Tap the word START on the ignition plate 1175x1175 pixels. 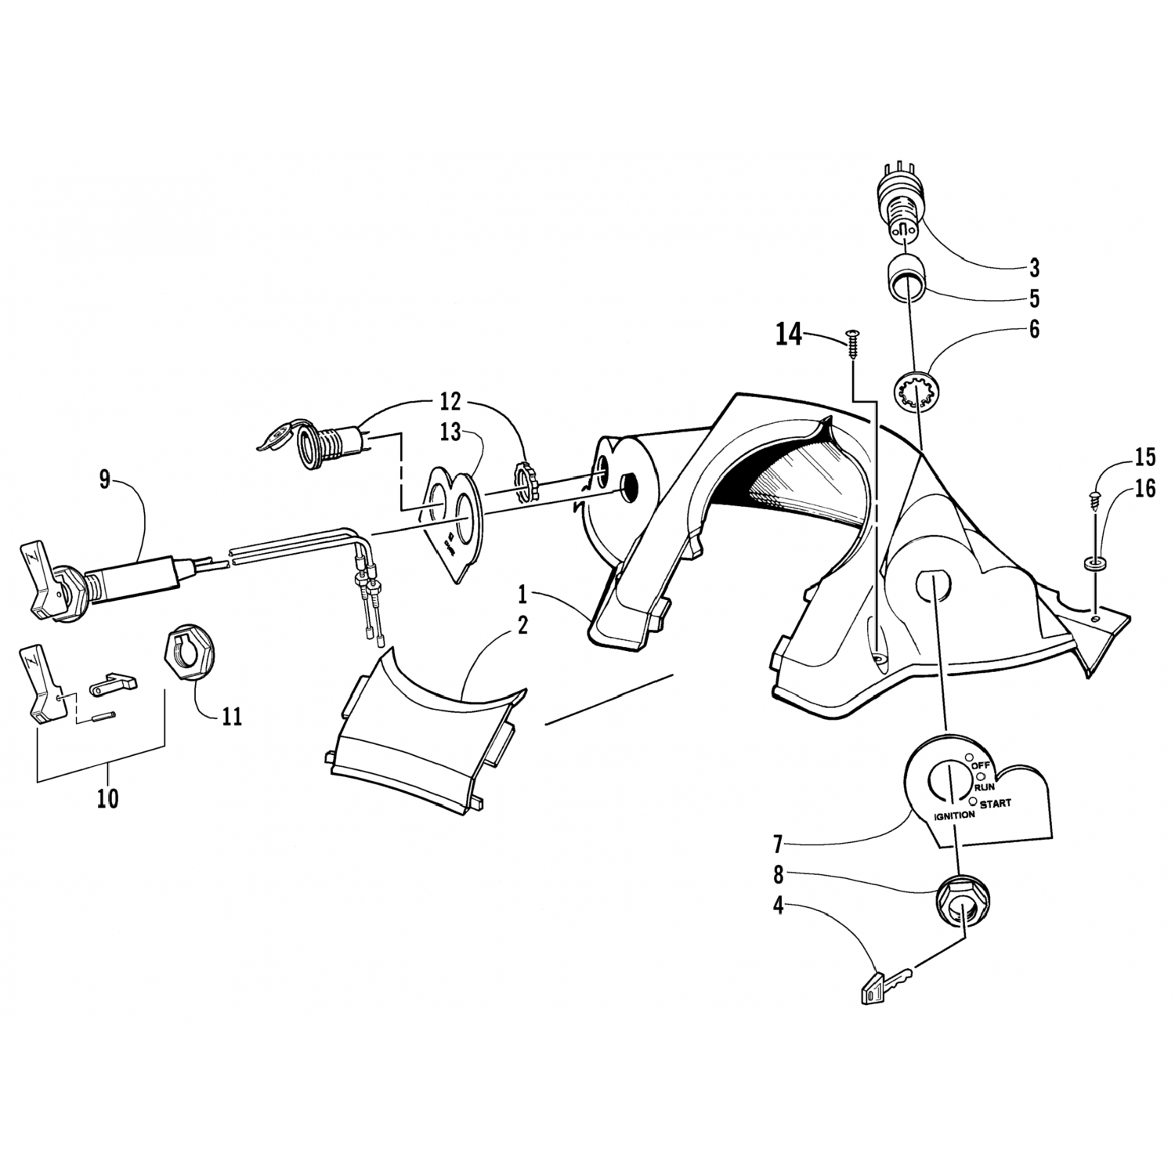point(995,803)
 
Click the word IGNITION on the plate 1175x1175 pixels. point(954,815)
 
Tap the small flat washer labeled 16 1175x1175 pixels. point(1091,563)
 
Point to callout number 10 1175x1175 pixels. point(107,799)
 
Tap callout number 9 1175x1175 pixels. point(105,479)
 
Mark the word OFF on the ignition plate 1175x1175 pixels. point(982,765)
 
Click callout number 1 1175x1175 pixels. point(522,595)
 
